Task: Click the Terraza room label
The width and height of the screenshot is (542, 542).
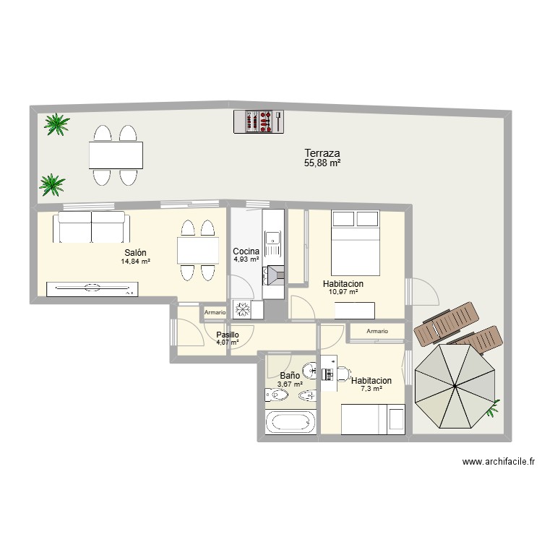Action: [322, 153]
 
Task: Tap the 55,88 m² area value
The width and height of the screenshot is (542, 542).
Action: [322, 164]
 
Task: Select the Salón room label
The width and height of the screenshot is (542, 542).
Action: [135, 252]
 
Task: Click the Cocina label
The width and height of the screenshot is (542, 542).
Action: [246, 251]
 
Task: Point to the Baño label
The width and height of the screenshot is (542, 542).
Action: [289, 376]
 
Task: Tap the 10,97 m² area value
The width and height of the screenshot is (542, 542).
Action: [343, 292]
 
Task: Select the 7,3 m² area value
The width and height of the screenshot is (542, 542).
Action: [371, 389]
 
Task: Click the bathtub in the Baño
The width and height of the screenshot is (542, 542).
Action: [291, 422]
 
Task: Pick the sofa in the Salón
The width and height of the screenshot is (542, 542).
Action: [91, 227]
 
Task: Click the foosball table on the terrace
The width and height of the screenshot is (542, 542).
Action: [257, 121]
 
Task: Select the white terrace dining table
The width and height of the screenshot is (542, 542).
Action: [116, 155]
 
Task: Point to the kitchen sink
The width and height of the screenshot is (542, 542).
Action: [273, 238]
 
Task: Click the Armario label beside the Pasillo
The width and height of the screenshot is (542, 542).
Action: [215, 312]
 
